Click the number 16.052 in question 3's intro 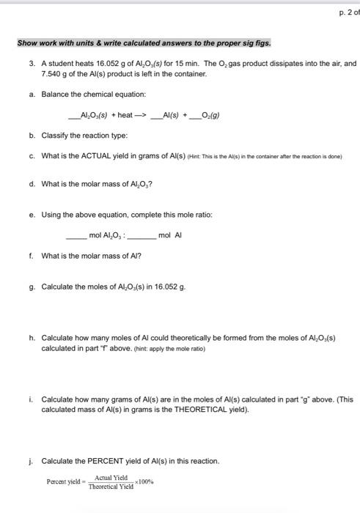98,64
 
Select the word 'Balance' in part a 54,95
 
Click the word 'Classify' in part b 54,136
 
